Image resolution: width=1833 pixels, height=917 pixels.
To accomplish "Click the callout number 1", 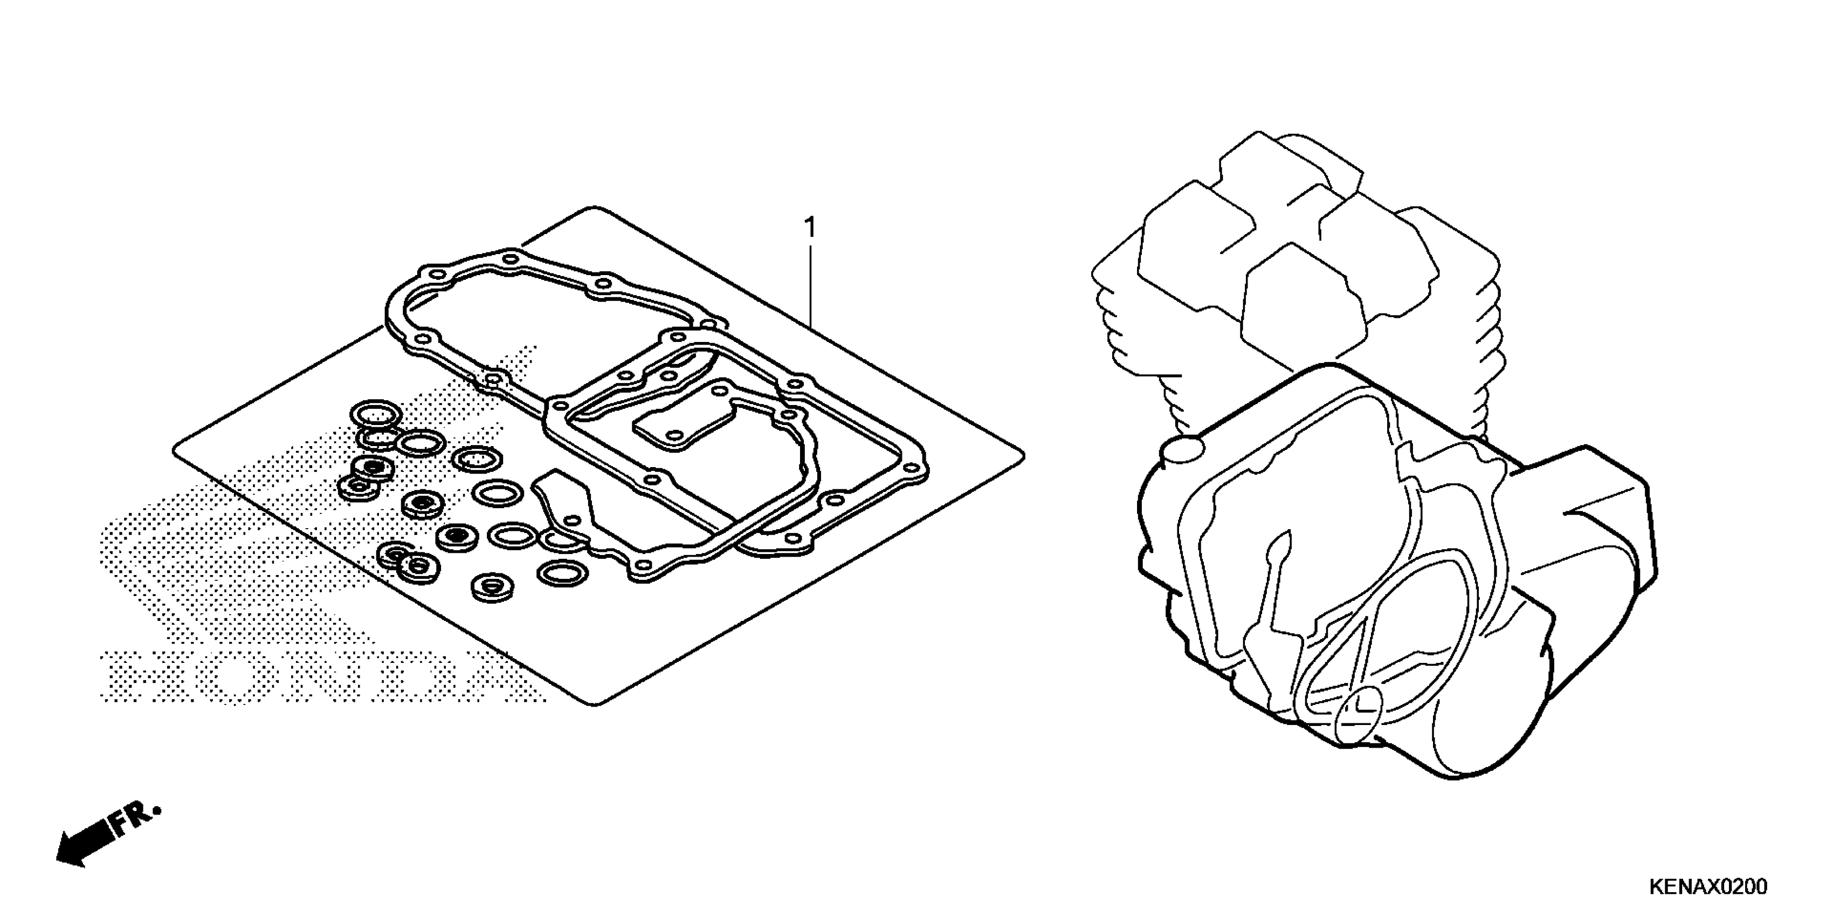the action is pyautogui.click(x=809, y=229).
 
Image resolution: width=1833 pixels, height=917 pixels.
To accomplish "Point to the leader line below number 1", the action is pyautogui.click(x=810, y=285).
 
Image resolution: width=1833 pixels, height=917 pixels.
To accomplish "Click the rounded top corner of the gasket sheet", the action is pyautogui.click(x=590, y=212).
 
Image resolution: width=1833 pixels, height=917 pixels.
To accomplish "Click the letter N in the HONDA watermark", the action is pyautogui.click(x=306, y=676).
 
